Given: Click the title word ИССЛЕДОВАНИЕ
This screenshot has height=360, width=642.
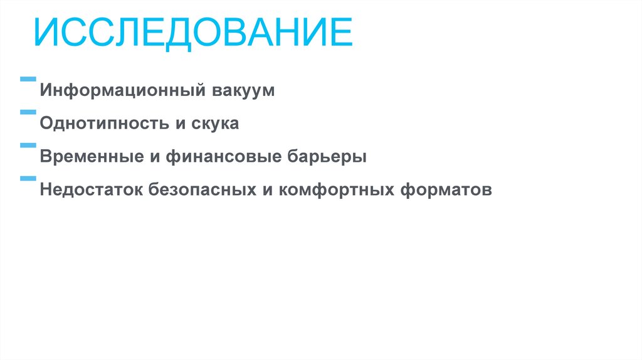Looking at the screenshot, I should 193,34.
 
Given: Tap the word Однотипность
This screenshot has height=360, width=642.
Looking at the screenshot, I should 103,124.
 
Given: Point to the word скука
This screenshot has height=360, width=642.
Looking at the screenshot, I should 214,124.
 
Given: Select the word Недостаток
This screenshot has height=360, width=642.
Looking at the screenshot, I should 92,189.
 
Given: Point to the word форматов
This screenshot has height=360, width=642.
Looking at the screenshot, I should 445,189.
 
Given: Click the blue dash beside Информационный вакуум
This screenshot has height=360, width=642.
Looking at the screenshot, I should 28,80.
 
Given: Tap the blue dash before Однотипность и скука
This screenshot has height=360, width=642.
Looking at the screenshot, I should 28,112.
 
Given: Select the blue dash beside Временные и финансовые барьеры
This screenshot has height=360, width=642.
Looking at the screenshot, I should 28,146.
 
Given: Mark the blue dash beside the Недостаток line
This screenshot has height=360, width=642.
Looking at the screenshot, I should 28,178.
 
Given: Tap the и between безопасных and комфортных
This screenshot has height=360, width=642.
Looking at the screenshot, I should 266,189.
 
